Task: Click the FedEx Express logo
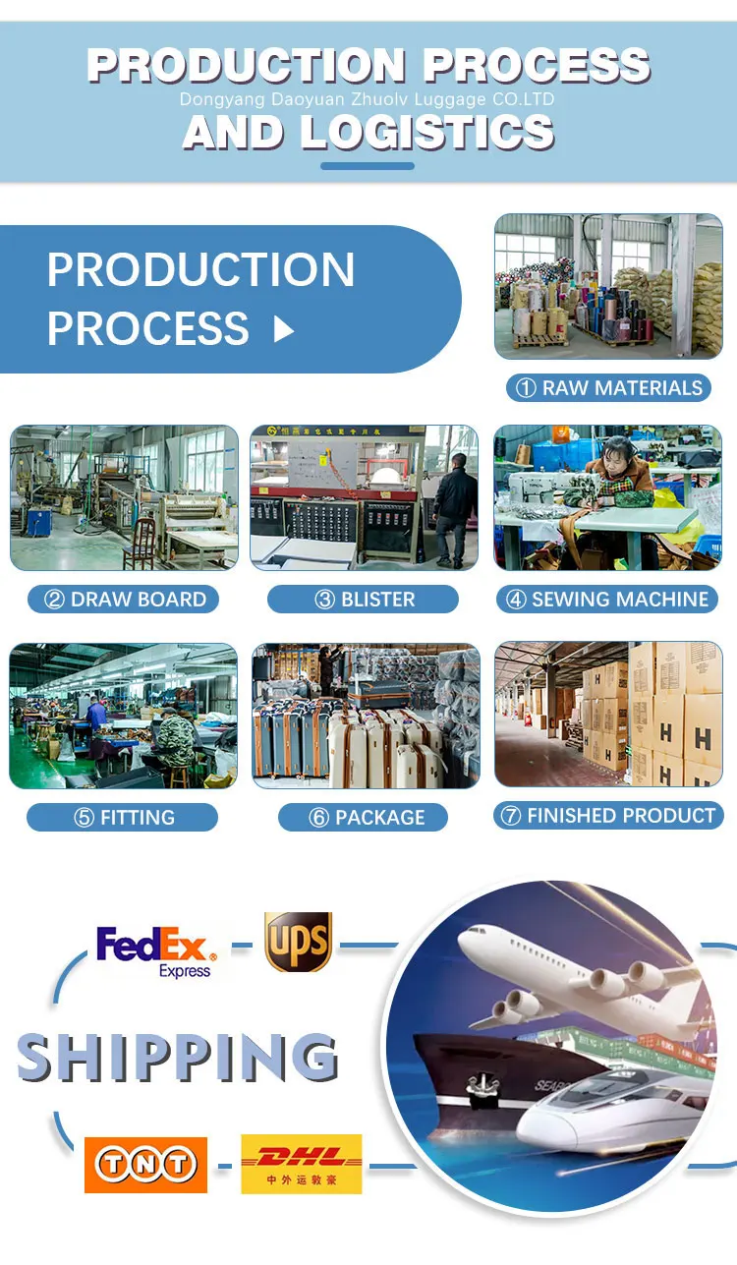point(155,951)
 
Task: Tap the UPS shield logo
point(298,942)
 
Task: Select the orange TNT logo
point(145,1165)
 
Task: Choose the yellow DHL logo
point(302,1164)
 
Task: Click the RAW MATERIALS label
point(609,387)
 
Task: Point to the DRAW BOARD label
point(124,599)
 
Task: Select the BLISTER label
point(364,599)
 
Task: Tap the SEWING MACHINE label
point(607,599)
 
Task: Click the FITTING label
point(123,817)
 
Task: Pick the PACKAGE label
point(364,817)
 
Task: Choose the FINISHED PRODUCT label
point(608,815)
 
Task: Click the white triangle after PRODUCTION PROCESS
point(284,329)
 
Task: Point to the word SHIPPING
point(178,1057)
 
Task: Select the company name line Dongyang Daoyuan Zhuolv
point(368,99)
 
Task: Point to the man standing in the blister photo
point(455,506)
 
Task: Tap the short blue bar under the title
point(368,165)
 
